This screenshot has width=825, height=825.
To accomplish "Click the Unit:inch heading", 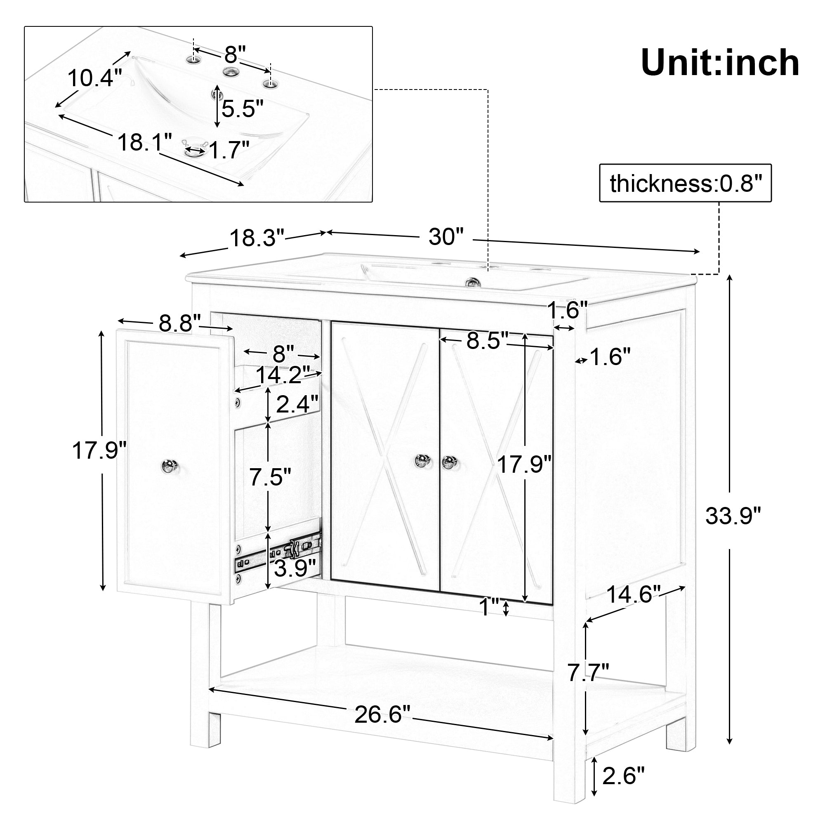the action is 720,63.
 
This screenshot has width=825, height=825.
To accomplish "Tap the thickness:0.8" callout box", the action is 685,183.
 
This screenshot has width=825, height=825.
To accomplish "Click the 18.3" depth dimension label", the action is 257,238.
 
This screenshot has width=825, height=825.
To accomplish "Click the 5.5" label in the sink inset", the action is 242,108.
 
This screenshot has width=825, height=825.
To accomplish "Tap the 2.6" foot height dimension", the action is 622,787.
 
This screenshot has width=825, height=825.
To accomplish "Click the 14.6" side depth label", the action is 634,594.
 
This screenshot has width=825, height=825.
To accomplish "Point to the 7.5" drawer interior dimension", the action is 270,476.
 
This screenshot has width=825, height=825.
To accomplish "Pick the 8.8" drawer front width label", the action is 180,323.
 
